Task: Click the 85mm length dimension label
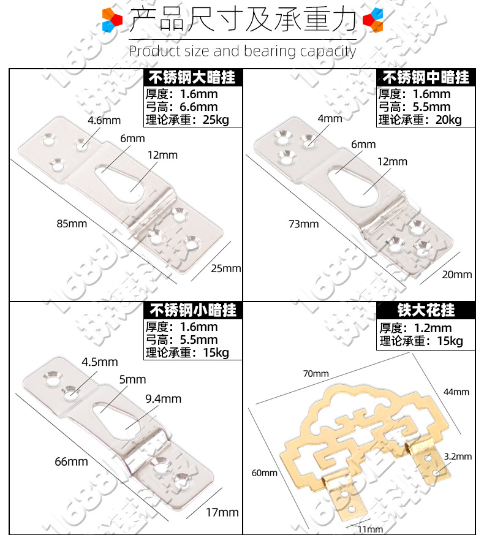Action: [x=72, y=224]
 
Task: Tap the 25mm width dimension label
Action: [x=226, y=268]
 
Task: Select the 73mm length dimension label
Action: [x=303, y=224]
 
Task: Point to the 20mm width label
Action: [x=457, y=274]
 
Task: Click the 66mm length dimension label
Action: [x=71, y=461]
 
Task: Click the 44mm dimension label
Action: [x=456, y=392]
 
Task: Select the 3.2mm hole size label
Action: [x=458, y=456]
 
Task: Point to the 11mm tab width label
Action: [x=370, y=529]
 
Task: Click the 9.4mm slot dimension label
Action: [x=163, y=399]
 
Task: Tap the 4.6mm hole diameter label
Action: [x=104, y=120]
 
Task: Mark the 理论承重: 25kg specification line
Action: [x=187, y=120]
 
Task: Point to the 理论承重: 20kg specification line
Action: [x=420, y=120]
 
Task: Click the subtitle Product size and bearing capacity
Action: [x=242, y=51]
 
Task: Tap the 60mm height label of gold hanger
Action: [x=265, y=472]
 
